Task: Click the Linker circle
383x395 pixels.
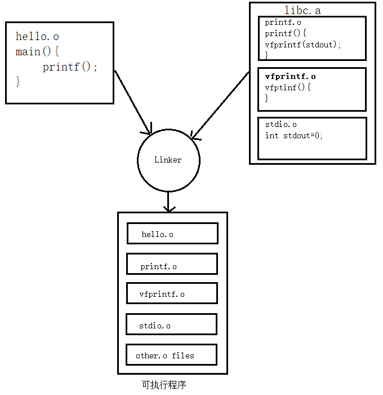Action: [x=168, y=160]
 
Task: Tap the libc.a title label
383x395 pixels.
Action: [x=302, y=11]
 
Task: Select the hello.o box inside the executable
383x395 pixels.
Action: [x=172, y=233]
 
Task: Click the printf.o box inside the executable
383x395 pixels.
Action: [x=172, y=264]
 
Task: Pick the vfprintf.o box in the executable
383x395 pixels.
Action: [x=172, y=293]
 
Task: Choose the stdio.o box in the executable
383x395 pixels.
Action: [x=171, y=324]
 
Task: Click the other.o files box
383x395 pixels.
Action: [x=171, y=355]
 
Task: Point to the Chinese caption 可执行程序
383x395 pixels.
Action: [x=164, y=385]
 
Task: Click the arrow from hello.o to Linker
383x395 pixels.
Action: [x=133, y=103]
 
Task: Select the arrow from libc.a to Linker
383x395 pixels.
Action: [x=220, y=105]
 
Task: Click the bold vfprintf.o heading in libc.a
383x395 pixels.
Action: [x=290, y=77]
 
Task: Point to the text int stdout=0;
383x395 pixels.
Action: [x=294, y=135]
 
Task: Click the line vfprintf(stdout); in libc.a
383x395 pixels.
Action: [x=303, y=45]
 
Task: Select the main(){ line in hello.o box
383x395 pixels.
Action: [x=37, y=52]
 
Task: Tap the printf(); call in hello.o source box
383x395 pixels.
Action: [x=70, y=67]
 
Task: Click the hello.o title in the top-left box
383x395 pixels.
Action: [x=37, y=37]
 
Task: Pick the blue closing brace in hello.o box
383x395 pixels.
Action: [x=18, y=81]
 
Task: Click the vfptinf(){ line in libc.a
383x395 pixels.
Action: [x=287, y=87]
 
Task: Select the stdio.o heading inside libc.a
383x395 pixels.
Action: [x=280, y=125]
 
